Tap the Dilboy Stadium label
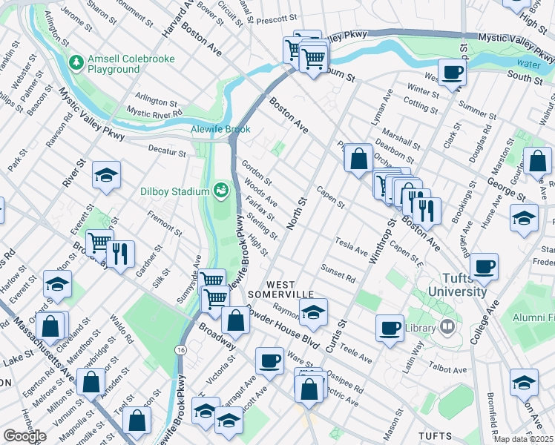pos(175,191)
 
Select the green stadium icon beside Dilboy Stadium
pos(220,191)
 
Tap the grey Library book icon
pos(447,326)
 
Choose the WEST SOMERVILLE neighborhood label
pos(291,291)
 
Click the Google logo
pos(24,436)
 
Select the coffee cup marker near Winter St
pos(452,73)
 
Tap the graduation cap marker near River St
pos(106,176)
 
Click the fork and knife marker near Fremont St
pos(119,253)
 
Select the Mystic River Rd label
pos(154,112)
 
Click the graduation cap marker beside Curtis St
pos(313,312)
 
